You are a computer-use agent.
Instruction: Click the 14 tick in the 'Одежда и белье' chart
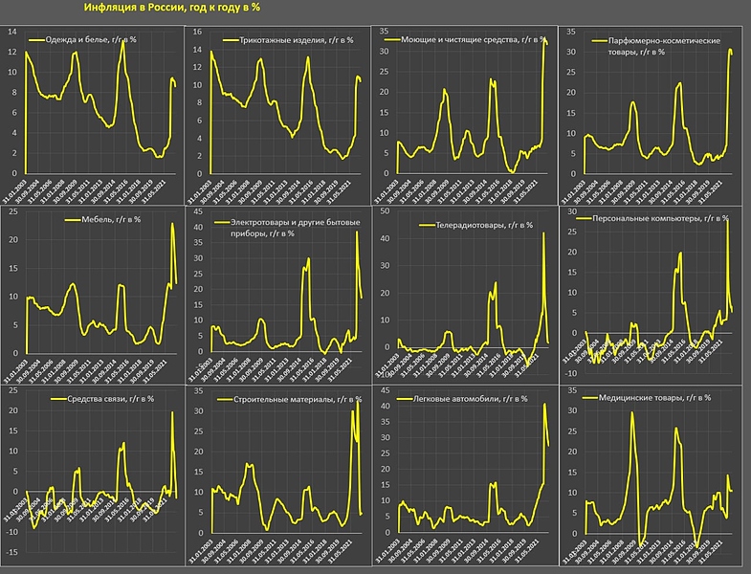click(x=11, y=31)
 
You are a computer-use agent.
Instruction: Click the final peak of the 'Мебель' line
click(x=172, y=224)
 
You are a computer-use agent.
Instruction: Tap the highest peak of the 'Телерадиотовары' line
click(x=543, y=232)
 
